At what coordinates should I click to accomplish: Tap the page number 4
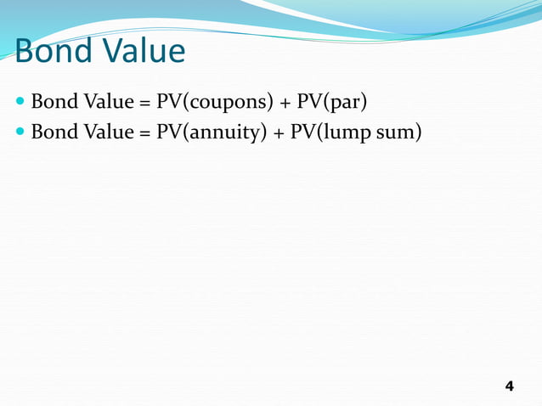tap(509, 386)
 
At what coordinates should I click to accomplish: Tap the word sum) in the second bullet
tap(398, 132)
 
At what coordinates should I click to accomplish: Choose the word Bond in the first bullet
tap(53, 104)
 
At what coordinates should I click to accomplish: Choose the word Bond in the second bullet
tap(53, 132)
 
